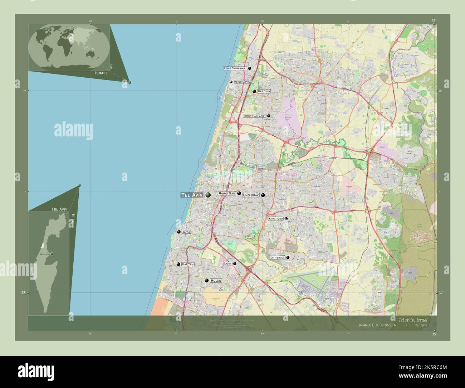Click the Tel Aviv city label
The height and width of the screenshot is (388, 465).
192,195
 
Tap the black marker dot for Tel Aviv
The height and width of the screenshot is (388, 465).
208,195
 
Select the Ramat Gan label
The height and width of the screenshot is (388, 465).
227,193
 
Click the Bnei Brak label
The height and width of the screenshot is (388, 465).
251,195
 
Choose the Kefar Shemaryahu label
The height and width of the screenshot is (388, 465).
235,68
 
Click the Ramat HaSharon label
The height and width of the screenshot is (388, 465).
255,116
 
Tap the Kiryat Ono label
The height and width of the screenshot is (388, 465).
276,218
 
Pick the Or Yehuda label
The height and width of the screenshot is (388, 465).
278,257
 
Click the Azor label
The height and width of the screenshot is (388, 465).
228,263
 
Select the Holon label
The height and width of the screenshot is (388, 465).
216,281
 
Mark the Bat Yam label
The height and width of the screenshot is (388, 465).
188,264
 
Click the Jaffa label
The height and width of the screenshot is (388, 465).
186,232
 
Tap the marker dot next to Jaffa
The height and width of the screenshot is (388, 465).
178,232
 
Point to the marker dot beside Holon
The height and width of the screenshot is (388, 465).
206,281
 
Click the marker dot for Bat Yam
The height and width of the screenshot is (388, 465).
178,264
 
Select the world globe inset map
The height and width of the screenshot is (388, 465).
69,47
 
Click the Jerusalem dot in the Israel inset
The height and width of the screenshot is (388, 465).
52,254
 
